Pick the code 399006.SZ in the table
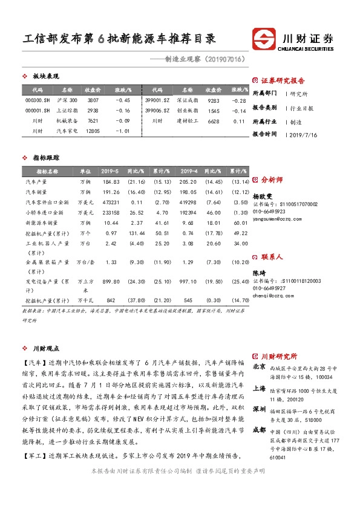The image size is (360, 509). [157, 110]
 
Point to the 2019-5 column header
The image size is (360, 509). [109, 170]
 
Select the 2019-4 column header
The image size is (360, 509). [189, 170]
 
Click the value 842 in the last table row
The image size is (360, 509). [111, 300]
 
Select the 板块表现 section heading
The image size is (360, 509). [45, 76]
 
